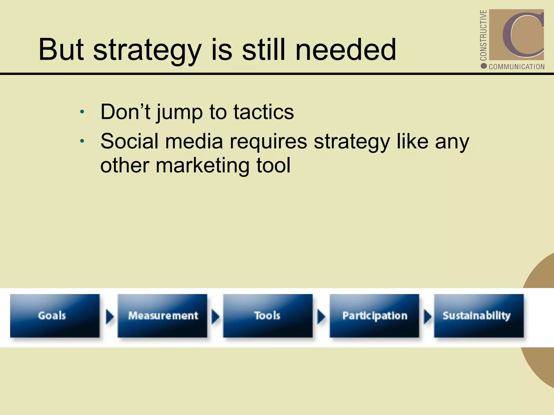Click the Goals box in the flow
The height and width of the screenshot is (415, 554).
55,316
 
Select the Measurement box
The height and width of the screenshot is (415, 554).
162,316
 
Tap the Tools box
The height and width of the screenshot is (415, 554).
268,316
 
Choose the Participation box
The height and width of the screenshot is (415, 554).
374,316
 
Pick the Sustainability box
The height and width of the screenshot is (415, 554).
479,316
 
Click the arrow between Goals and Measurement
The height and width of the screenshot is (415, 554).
109,317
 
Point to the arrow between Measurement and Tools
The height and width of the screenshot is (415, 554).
215,317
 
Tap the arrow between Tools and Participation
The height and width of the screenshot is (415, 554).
321,317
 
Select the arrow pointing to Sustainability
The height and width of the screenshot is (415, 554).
427,317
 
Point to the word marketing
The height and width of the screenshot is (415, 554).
202,165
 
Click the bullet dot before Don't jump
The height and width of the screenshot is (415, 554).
83,112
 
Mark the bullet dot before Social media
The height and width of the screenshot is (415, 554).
83,141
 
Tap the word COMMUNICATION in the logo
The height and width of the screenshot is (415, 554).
516,67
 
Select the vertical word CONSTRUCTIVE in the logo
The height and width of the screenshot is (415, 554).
483,35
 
